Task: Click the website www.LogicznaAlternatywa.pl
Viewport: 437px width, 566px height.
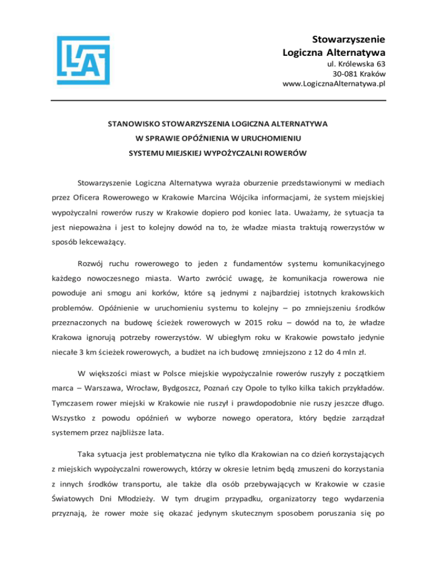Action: coord(334,84)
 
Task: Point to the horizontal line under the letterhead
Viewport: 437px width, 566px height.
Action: coord(218,101)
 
